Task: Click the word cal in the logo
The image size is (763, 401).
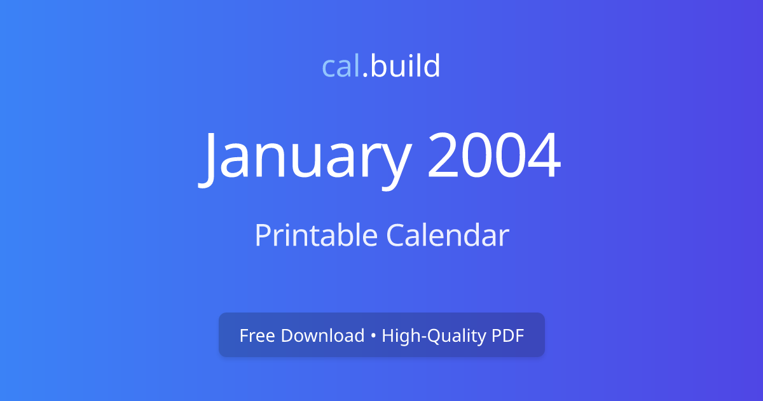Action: (x=341, y=66)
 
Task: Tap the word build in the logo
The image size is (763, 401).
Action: (x=405, y=66)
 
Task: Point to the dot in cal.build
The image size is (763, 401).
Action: (x=365, y=75)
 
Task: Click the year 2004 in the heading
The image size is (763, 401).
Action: (x=494, y=157)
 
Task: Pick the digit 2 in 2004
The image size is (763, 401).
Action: (x=444, y=157)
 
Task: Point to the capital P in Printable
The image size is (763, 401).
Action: (x=261, y=236)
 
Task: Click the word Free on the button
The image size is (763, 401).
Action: (x=257, y=335)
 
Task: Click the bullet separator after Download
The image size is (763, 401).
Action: (x=373, y=336)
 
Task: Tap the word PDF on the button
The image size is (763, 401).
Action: (x=508, y=335)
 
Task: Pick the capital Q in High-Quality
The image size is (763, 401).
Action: (x=423, y=335)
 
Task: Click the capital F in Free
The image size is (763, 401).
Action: (x=244, y=335)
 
